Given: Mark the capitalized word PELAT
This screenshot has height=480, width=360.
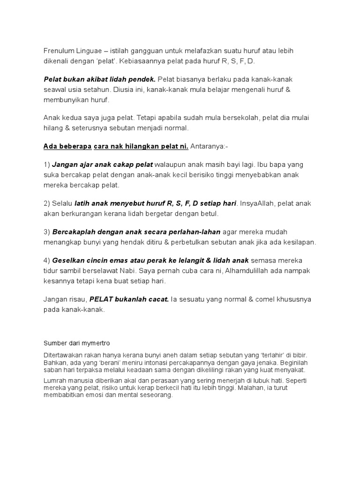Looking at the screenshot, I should pos(101,299).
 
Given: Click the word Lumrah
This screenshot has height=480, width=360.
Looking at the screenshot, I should pos(54,380).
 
